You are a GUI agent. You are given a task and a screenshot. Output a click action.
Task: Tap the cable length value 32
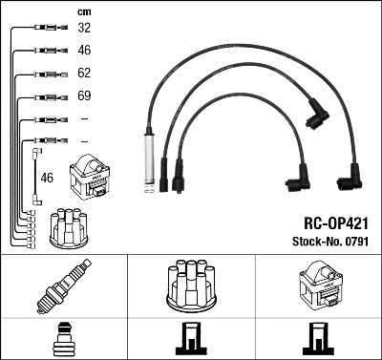pos(85,29)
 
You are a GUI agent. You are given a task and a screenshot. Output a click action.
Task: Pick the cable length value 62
pos(85,74)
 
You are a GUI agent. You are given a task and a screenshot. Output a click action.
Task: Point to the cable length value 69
pos(85,96)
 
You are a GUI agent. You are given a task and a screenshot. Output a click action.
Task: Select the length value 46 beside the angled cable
pos(48,178)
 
